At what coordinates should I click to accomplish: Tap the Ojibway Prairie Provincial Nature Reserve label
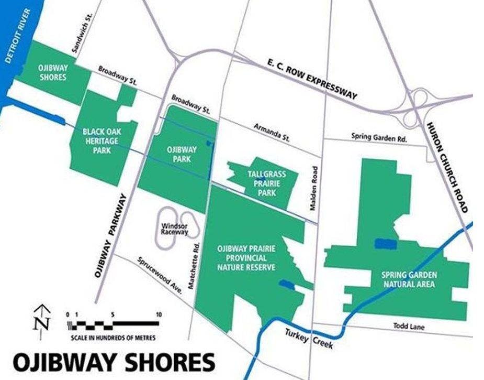(246, 257)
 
